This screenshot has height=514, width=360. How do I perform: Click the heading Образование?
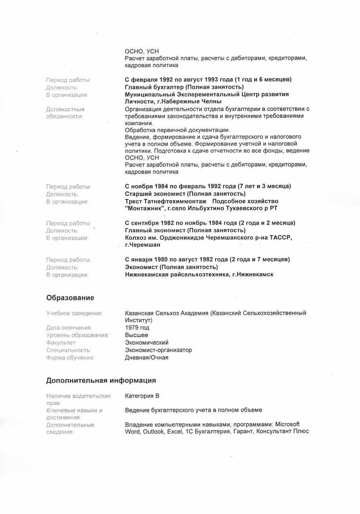point(70,298)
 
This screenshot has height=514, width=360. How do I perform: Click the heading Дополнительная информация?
point(101,380)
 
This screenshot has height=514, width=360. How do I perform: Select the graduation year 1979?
point(137,327)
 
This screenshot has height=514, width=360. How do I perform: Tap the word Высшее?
point(137,335)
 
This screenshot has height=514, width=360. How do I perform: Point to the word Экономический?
point(147,343)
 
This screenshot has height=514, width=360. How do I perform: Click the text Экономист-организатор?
point(158,350)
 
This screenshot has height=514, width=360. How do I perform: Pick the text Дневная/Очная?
point(146,357)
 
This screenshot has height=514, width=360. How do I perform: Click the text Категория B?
point(142,396)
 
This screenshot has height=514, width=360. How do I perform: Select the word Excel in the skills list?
point(175,431)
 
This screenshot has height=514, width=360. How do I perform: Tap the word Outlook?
point(153,431)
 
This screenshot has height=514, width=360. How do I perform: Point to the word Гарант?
point(243,431)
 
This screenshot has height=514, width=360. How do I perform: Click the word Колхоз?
point(136,238)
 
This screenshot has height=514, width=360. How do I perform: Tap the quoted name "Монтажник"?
point(145,208)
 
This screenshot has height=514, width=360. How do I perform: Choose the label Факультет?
point(61,343)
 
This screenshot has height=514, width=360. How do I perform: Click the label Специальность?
point(69,350)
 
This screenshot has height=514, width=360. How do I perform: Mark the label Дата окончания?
point(69,327)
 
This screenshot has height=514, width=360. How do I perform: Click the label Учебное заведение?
point(74,313)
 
